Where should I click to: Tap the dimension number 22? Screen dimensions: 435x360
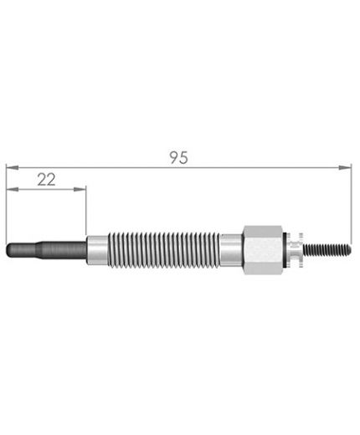tap(46, 177)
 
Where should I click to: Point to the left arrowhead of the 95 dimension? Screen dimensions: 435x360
tap(9, 167)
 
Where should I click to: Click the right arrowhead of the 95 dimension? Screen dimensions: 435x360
tap(347, 167)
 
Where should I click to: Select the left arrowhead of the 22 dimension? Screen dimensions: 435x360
tap(9, 190)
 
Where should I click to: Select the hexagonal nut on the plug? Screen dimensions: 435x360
tap(262, 250)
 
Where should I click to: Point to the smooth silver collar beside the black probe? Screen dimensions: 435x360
tap(97, 249)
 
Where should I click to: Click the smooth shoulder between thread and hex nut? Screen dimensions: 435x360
tap(230, 249)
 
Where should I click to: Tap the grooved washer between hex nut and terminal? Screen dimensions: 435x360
tap(293, 249)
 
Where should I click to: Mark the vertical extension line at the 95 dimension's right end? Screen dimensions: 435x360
tap(352, 201)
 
